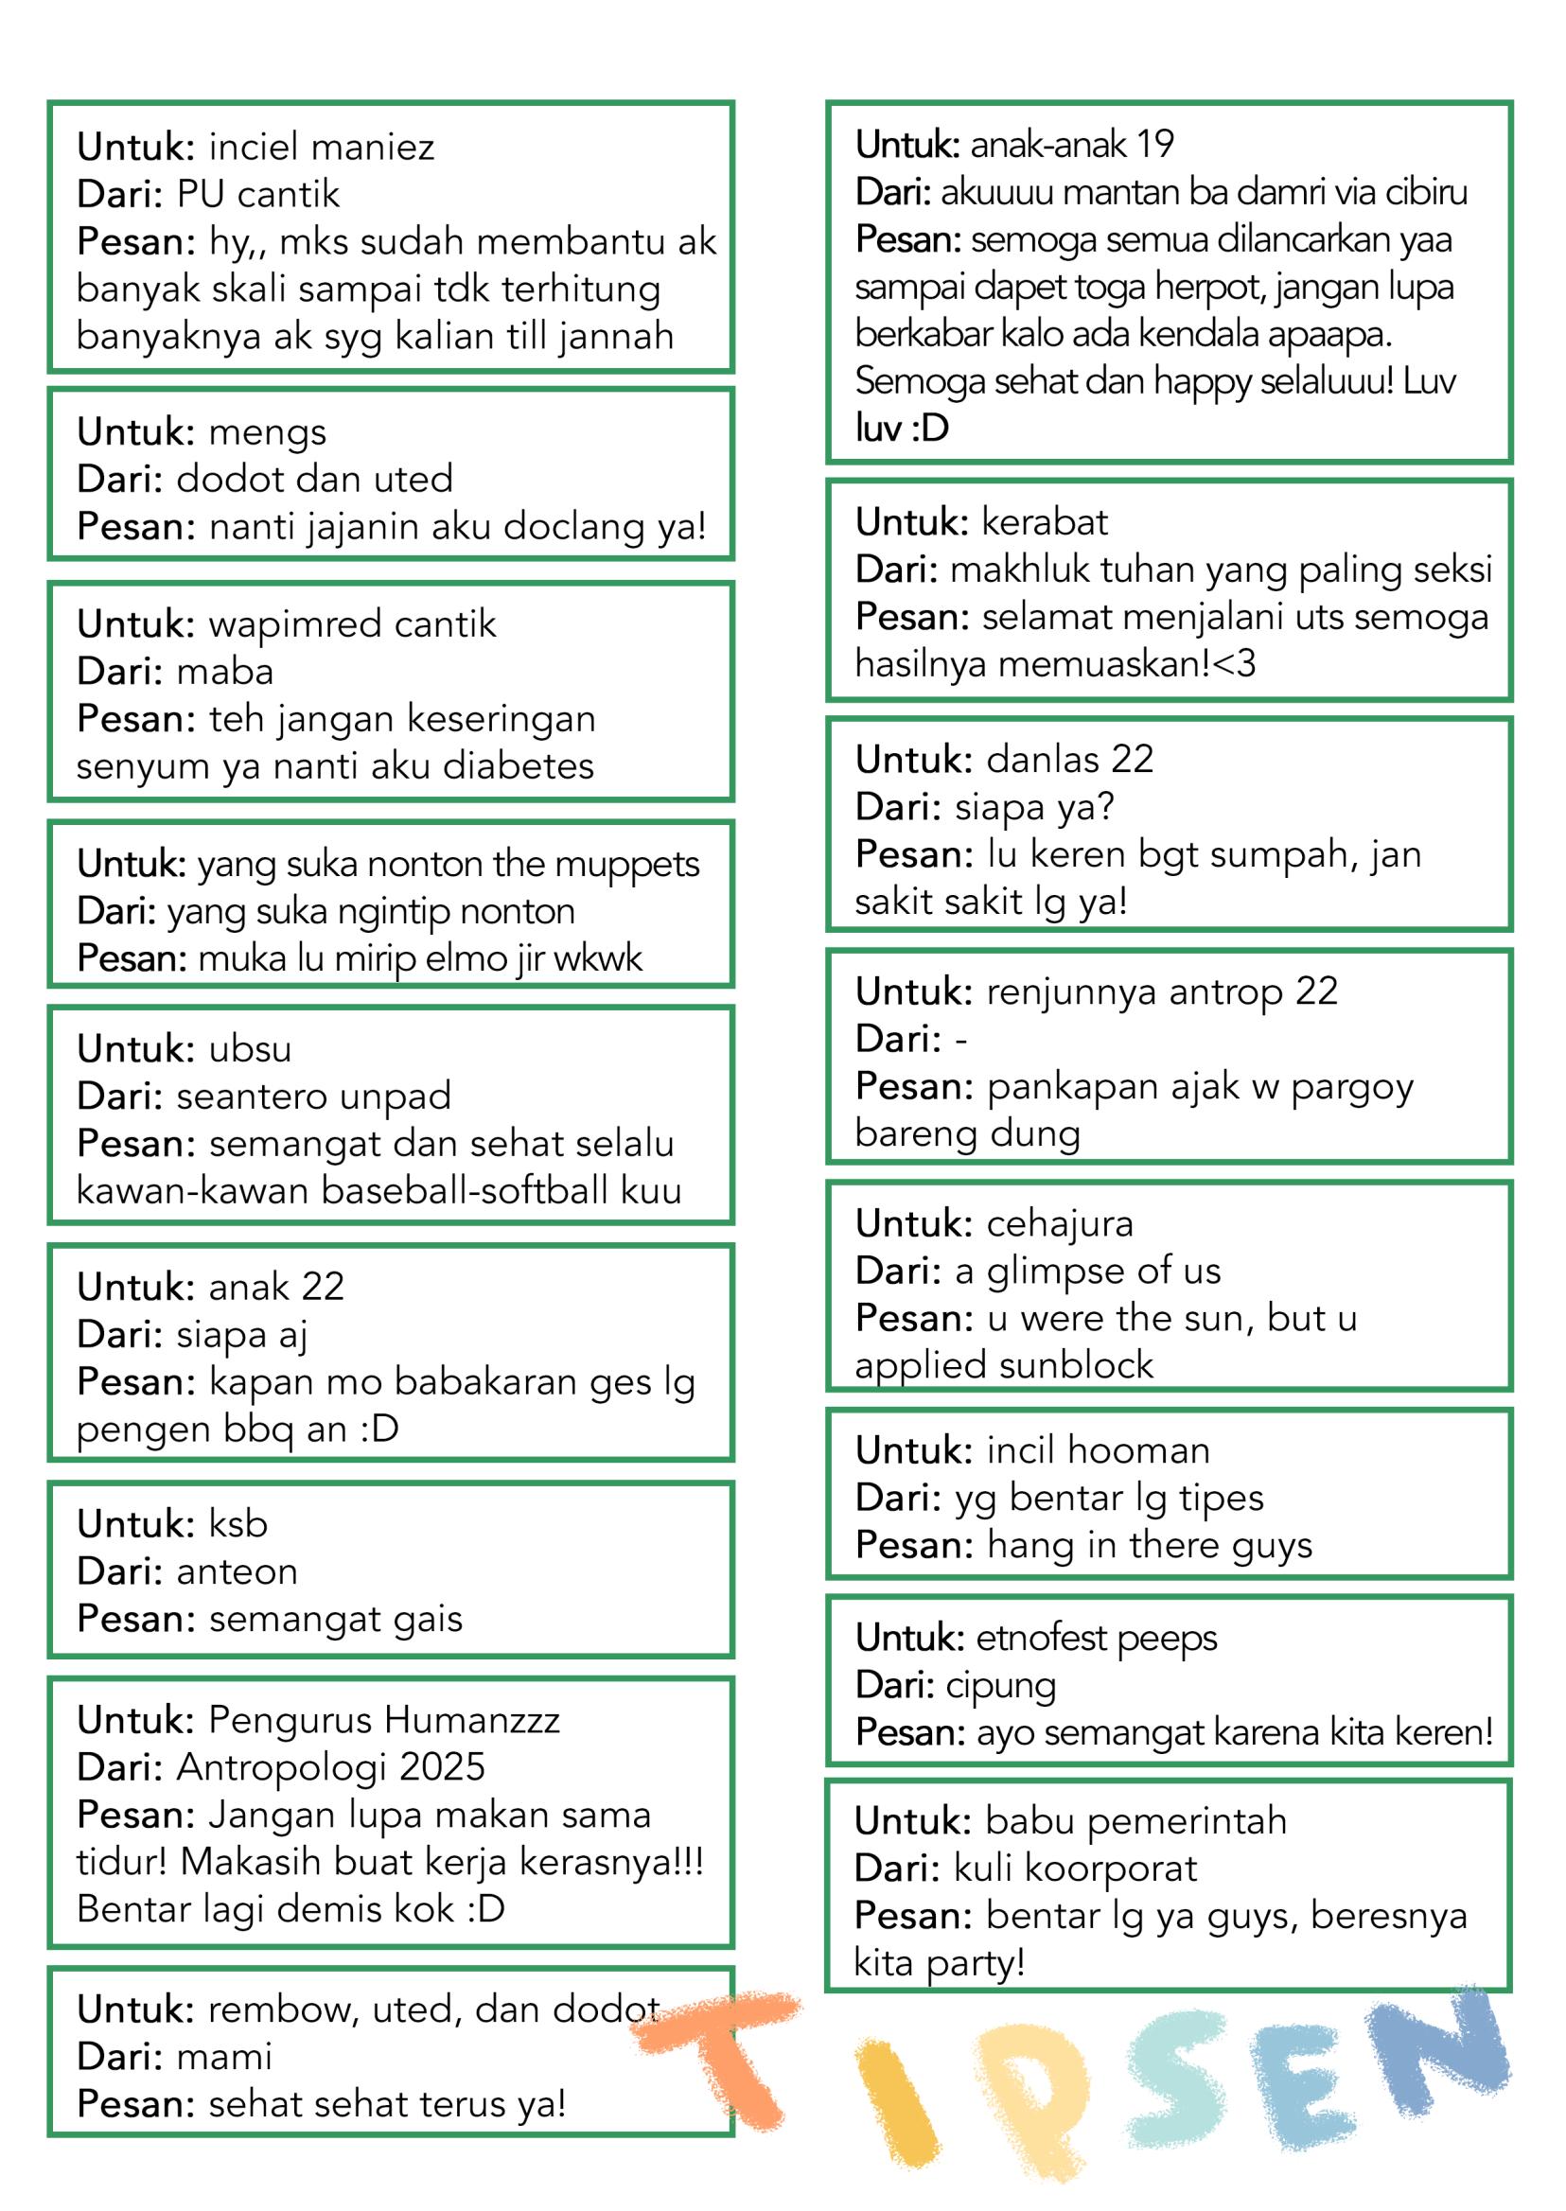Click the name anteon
coord(238,1571)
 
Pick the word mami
coord(224,2057)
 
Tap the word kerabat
coord(1045,522)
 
